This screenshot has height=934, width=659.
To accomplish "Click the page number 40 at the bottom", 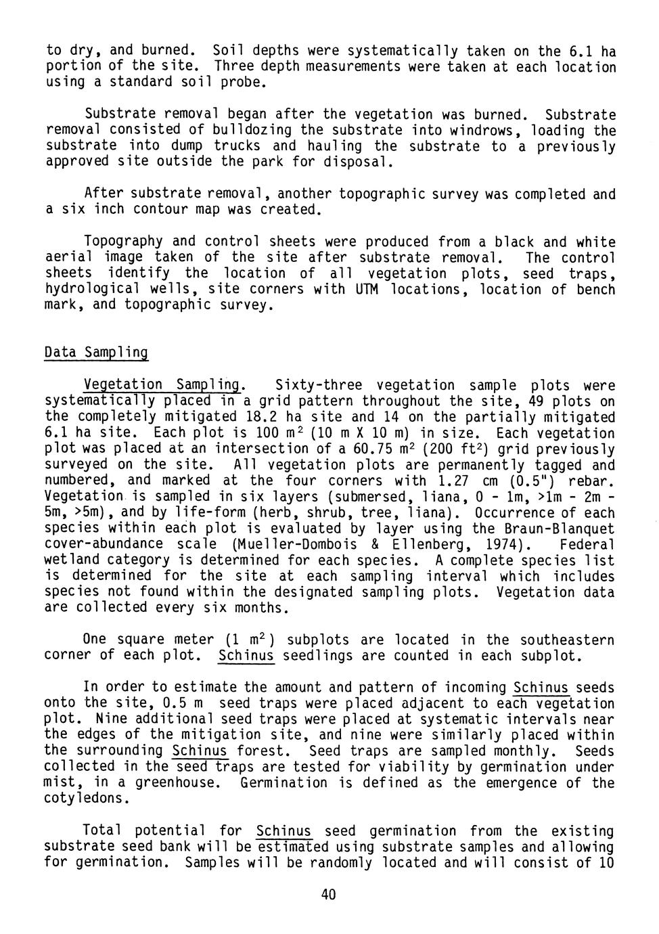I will coord(328,895).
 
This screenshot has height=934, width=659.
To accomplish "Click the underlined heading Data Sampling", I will coord(95,353).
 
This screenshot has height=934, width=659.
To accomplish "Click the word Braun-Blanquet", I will coord(559,529).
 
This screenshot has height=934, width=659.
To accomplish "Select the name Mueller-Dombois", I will coord(283,545).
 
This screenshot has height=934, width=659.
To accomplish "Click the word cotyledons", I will coord(85,799).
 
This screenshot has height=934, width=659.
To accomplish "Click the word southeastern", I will coord(567,640).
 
